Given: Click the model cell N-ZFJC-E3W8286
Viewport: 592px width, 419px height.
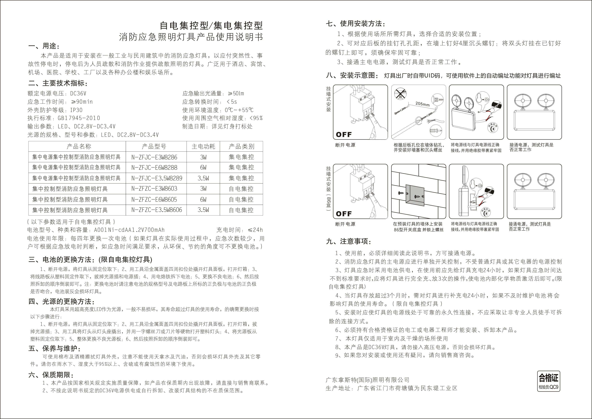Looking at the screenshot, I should (x=154, y=157).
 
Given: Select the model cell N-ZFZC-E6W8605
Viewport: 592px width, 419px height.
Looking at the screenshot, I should (x=154, y=199).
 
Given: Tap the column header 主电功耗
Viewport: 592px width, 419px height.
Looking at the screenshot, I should (x=203, y=147).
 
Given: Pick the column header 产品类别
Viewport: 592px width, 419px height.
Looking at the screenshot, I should (x=241, y=147).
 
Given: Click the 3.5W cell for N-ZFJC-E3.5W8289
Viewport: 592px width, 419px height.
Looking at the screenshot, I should (x=203, y=178).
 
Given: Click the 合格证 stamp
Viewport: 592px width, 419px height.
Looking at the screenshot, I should (x=548, y=381).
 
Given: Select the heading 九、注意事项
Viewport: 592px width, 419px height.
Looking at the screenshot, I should (x=349, y=242).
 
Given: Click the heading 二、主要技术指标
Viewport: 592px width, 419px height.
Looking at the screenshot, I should (x=58, y=83).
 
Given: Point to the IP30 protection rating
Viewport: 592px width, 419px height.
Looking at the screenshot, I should (x=76, y=110).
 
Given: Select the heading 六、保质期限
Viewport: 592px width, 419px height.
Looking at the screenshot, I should (x=51, y=375).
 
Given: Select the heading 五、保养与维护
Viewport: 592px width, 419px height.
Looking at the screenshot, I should (x=55, y=349).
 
